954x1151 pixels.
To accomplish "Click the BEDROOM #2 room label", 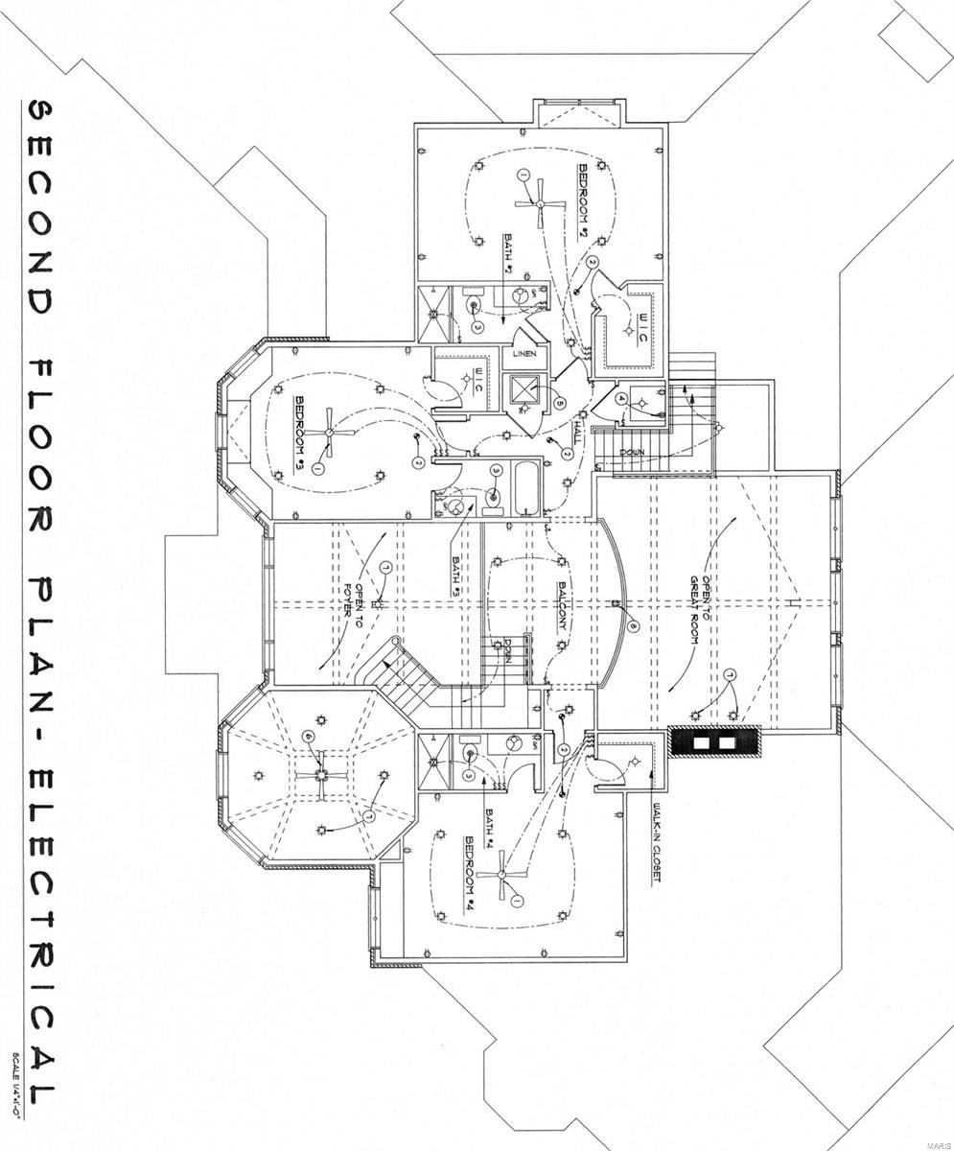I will point(582,201).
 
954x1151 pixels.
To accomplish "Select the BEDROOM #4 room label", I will point(471,873).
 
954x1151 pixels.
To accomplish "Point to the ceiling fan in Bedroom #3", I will point(329,433).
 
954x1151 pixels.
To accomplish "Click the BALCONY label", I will point(565,605).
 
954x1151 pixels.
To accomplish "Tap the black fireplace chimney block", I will point(714,741).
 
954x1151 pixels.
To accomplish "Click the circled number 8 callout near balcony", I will point(634,626).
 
